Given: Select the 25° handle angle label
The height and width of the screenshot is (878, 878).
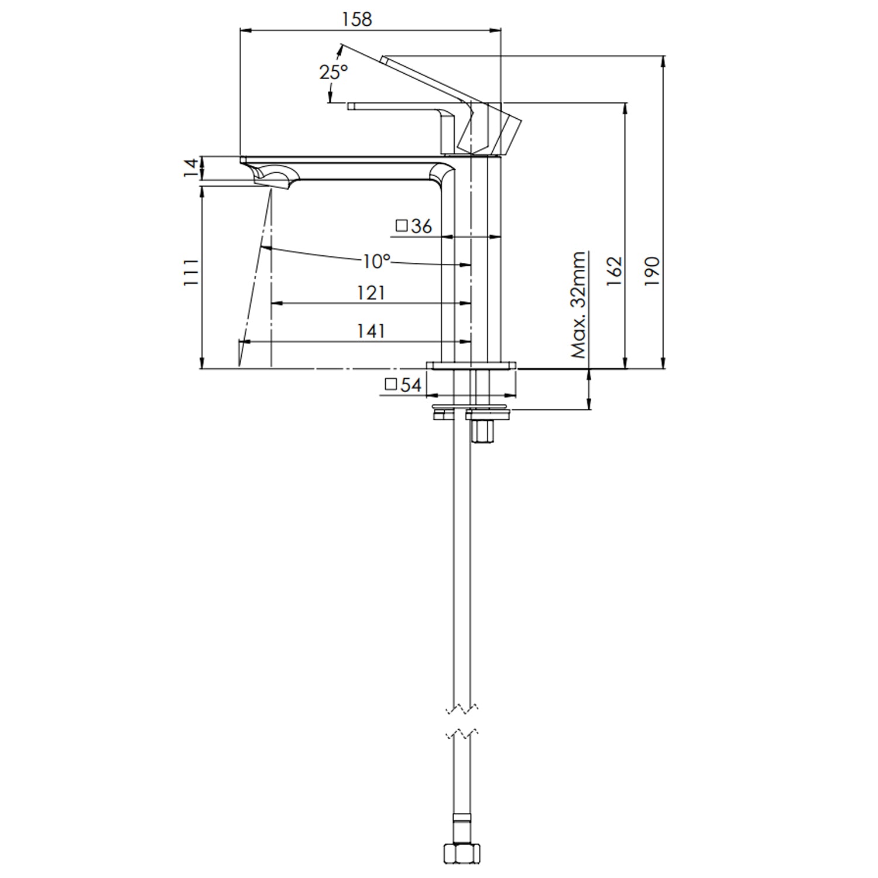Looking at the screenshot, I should (x=333, y=72).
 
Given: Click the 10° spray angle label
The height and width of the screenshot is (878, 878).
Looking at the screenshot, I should (x=375, y=261).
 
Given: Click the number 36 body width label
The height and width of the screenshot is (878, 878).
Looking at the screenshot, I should (x=421, y=226).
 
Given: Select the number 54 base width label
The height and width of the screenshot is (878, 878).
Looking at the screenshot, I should (x=411, y=385).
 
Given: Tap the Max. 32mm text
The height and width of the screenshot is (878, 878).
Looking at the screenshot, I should (x=579, y=305).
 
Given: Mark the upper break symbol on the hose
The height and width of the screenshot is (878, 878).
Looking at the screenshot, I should (x=462, y=709).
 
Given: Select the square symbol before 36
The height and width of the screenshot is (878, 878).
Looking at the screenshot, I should (x=402, y=225).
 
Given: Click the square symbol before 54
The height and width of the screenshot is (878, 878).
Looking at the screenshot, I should (x=391, y=385).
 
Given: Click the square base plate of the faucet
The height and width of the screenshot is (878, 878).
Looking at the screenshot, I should (x=472, y=365).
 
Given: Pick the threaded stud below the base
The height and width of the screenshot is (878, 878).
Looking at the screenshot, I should (x=483, y=432).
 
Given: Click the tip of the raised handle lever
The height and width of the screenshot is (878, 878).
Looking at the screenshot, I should (x=385, y=58).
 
